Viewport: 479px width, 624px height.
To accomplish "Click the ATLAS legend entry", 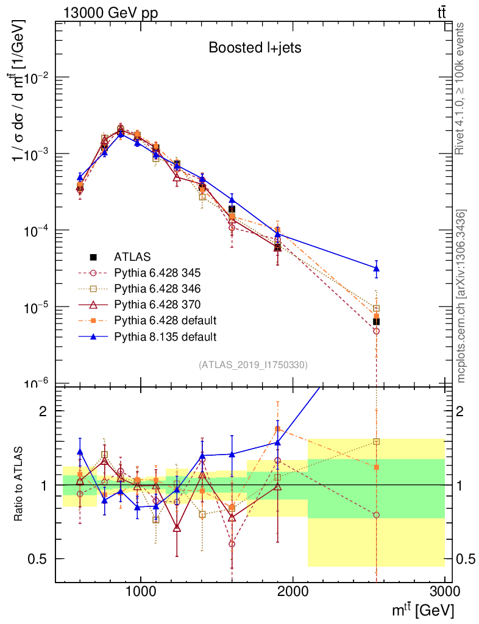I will click(132, 257).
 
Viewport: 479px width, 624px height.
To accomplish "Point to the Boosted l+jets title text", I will click(255, 48).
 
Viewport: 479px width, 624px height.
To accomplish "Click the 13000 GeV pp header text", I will click(110, 12).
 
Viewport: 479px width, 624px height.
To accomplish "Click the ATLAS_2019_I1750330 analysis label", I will click(253, 365).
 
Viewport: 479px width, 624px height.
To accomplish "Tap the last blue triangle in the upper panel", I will click(377, 268).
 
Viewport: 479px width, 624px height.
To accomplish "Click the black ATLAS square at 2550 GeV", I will click(377, 321).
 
